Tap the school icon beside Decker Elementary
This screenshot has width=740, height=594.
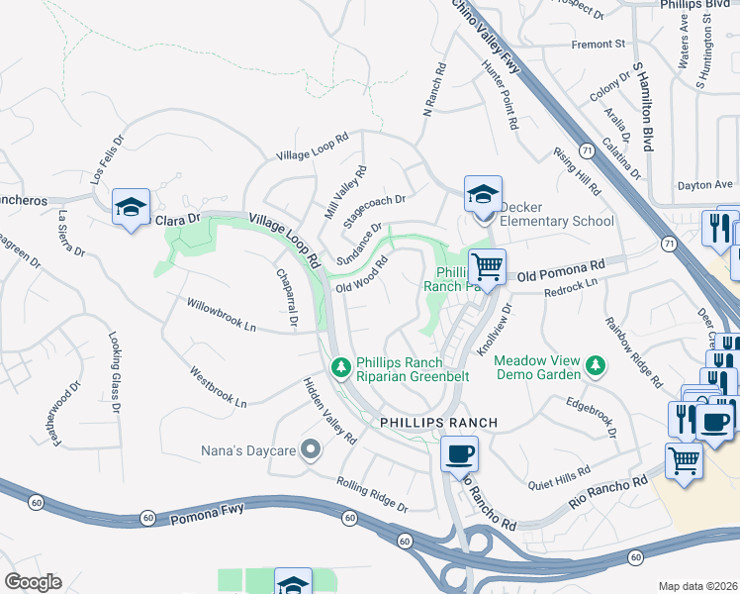484,194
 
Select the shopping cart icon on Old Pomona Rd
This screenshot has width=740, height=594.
487,266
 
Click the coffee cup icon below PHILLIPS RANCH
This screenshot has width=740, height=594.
459,455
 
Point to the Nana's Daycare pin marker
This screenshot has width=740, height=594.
312,451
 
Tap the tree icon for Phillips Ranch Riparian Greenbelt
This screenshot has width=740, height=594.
340,367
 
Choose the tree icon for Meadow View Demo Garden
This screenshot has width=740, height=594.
596,367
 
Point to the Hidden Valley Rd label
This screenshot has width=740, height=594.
329,411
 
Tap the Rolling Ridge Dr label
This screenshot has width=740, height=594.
372,495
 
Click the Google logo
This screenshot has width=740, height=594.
33,582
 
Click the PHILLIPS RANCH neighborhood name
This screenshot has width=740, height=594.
438,423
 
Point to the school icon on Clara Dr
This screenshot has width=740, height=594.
131,207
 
